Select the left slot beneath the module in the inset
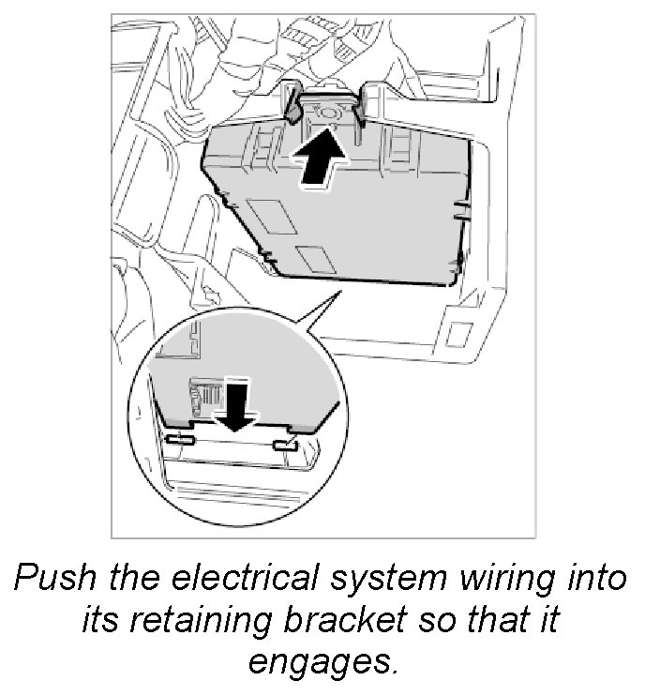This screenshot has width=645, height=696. pos(181,437)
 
